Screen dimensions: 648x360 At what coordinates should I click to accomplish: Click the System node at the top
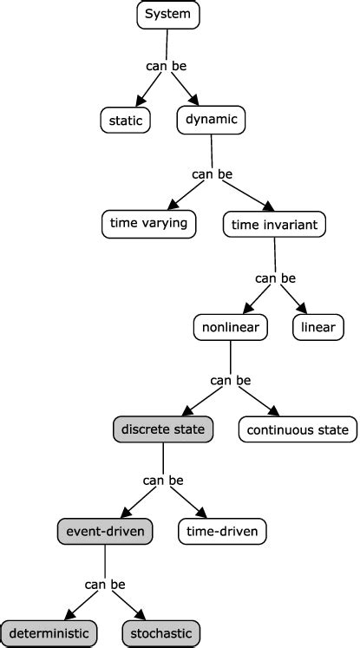(x=168, y=14)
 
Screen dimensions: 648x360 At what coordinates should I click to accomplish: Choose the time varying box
(x=148, y=224)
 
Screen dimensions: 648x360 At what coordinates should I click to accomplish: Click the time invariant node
(x=274, y=224)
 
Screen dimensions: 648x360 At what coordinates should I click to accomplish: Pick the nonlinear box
(x=230, y=327)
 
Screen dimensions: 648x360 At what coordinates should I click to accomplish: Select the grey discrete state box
(x=163, y=429)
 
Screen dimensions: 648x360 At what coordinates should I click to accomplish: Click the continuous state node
(x=297, y=429)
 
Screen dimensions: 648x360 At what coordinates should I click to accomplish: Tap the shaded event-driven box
(x=104, y=529)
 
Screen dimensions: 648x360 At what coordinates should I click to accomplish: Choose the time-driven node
(x=222, y=529)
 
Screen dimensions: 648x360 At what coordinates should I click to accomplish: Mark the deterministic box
(x=49, y=633)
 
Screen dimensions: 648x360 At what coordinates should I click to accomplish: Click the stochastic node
(x=161, y=633)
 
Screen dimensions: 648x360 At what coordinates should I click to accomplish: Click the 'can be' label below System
(x=165, y=65)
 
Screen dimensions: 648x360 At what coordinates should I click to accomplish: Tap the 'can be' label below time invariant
(x=275, y=278)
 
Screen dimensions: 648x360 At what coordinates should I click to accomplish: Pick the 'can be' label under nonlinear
(x=231, y=380)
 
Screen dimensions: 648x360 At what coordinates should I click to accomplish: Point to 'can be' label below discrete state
(x=163, y=480)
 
